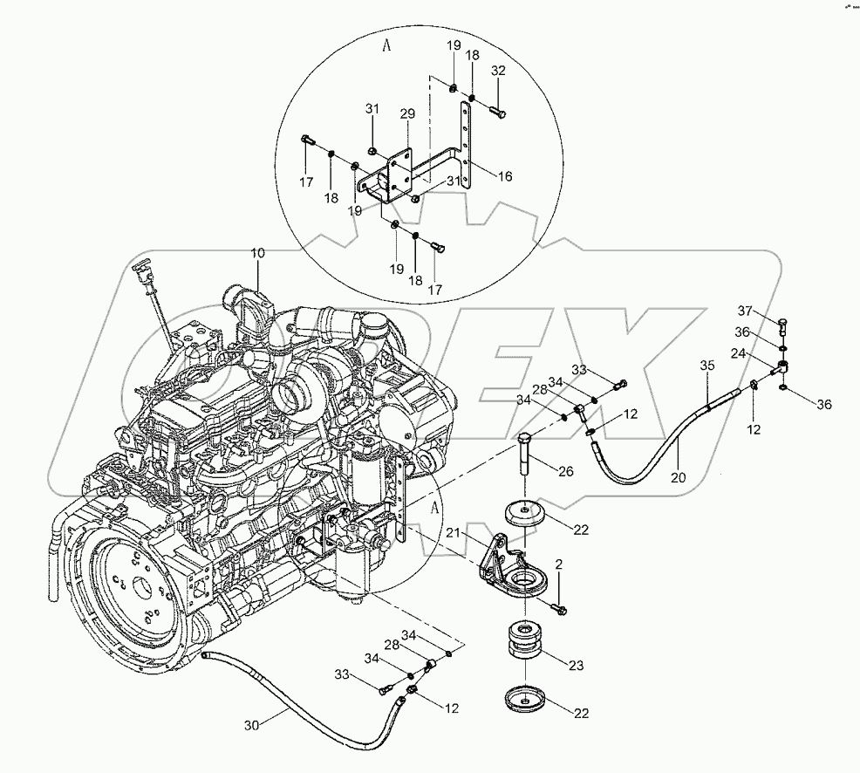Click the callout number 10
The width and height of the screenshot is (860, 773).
pos(259,253)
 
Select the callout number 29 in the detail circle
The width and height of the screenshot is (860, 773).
pos(407,114)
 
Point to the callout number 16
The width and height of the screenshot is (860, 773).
pos(504,176)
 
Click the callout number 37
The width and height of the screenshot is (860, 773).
pos(744,311)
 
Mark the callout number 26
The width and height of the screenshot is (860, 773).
pos(565,472)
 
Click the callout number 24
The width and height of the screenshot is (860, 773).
pos(738,354)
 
